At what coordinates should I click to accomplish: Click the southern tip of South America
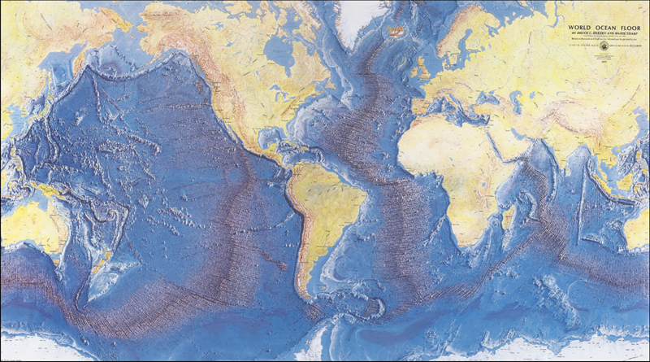point(307,299)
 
